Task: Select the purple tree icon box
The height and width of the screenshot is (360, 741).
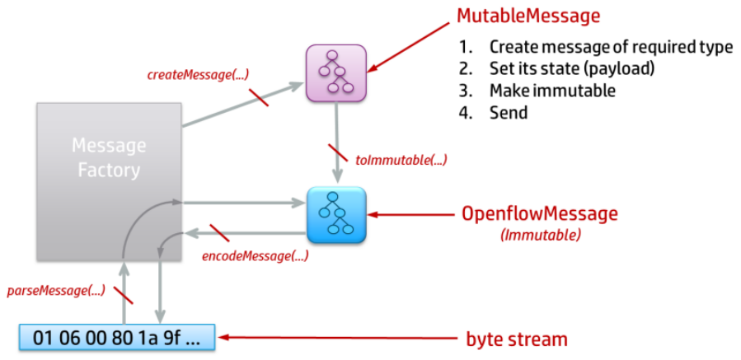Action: click(x=336, y=73)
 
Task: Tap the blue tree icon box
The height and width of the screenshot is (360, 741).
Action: click(x=336, y=214)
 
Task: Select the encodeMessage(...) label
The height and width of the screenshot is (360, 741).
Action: click(x=255, y=255)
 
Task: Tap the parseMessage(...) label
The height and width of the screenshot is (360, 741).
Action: click(x=56, y=290)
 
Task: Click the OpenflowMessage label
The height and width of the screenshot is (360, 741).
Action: click(x=539, y=214)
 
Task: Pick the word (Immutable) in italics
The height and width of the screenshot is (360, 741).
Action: click(x=539, y=235)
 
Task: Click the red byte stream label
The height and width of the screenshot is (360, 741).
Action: click(x=518, y=338)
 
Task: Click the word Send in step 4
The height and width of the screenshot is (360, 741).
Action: click(x=509, y=113)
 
